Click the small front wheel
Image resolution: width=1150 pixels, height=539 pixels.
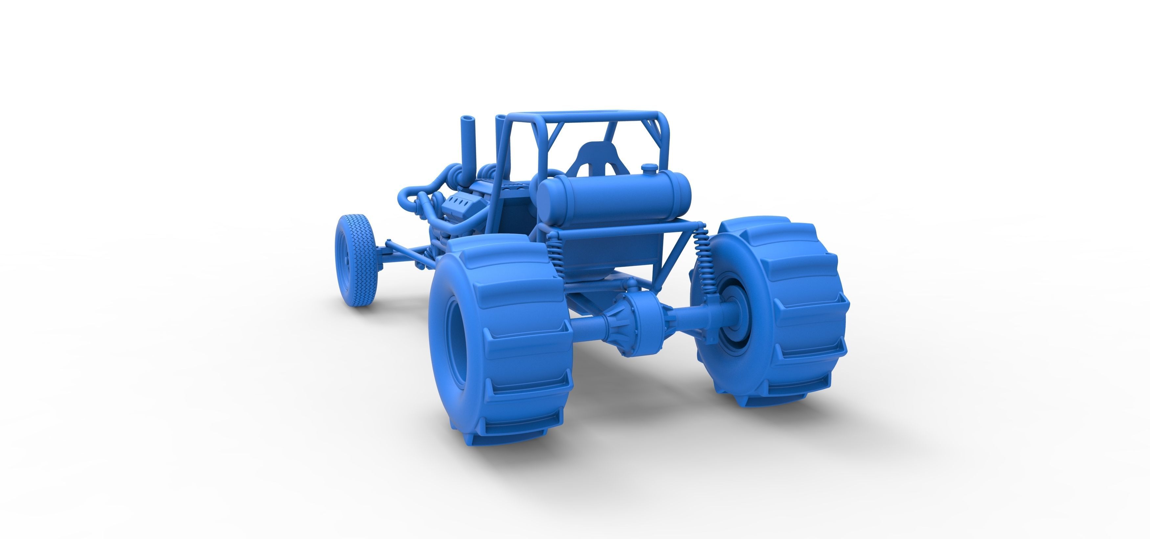[356, 260]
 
